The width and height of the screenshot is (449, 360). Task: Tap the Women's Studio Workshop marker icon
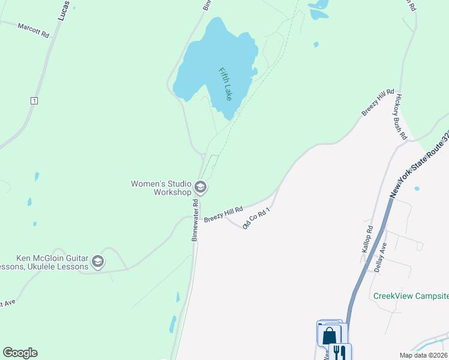[x=200, y=188]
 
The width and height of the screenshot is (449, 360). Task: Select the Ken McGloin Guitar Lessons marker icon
[x=98, y=262]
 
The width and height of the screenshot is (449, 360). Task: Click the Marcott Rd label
[x=33, y=31]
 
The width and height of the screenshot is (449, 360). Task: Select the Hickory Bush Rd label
[x=400, y=117]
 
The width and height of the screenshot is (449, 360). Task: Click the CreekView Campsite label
[x=411, y=296]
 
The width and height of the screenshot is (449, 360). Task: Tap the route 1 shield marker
[x=34, y=101]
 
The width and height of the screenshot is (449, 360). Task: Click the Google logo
[x=20, y=353]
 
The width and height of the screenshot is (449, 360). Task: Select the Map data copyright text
[x=423, y=355]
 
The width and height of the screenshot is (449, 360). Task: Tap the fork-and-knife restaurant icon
[x=340, y=351]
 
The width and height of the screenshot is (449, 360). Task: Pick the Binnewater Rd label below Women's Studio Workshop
[x=195, y=221]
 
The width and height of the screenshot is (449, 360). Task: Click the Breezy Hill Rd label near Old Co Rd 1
[x=223, y=214]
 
